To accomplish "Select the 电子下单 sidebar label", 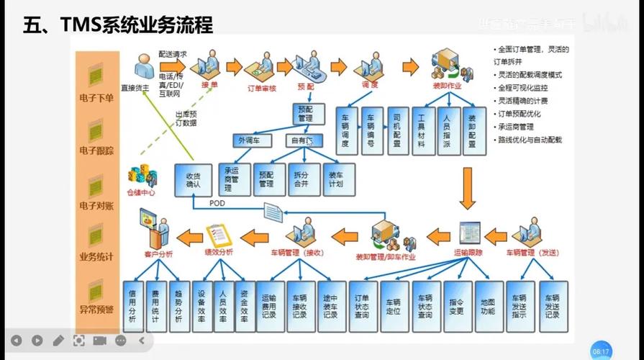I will tap(96, 98).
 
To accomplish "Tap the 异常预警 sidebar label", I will tap(96, 310).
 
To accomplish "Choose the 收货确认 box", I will tap(192, 180).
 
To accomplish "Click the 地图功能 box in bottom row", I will tap(488, 306).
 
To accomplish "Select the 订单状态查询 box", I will tap(361, 306).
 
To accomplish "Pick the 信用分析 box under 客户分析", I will tap(132, 306).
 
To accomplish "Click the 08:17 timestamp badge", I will tap(600, 351).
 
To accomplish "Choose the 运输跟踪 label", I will tap(468, 253).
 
